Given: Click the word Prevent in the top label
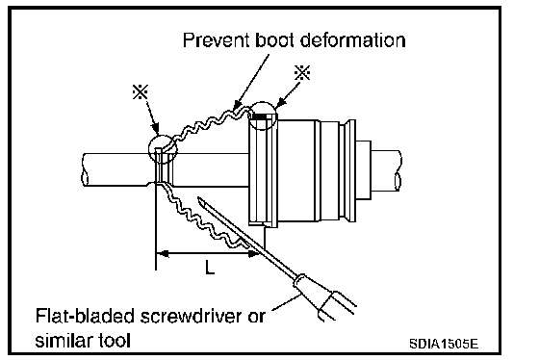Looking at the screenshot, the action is tap(216, 39).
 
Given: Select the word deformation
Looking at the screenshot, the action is tap(352, 39).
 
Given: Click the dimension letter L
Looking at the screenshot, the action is tap(210, 267).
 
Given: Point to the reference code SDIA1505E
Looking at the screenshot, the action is tap(444, 344).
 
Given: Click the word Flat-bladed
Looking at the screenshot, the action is tap(86, 316).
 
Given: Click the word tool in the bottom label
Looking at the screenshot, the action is tap(115, 341).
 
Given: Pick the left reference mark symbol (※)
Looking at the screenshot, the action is tap(141, 91).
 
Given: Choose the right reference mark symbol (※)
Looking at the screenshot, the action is tap(302, 72).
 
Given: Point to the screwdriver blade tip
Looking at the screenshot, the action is tap(199, 199).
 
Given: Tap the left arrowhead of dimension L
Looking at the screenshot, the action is tap(162, 254).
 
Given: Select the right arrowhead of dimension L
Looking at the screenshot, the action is tap(253, 254).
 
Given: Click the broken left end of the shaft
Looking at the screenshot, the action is tap(85, 170).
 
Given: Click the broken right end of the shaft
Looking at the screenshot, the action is tap(398, 170).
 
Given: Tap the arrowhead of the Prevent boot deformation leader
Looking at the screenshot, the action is tap(236, 106).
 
